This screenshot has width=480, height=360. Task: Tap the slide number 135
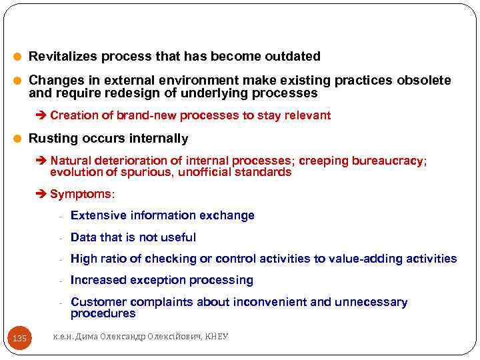click(x=20, y=339)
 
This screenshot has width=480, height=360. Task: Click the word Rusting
click(x=53, y=139)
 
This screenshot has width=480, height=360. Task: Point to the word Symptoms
click(x=81, y=194)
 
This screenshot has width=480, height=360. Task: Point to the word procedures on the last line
click(x=103, y=313)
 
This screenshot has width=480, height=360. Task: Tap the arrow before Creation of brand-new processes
click(x=43, y=115)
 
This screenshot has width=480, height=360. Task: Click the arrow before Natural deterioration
click(x=43, y=161)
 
